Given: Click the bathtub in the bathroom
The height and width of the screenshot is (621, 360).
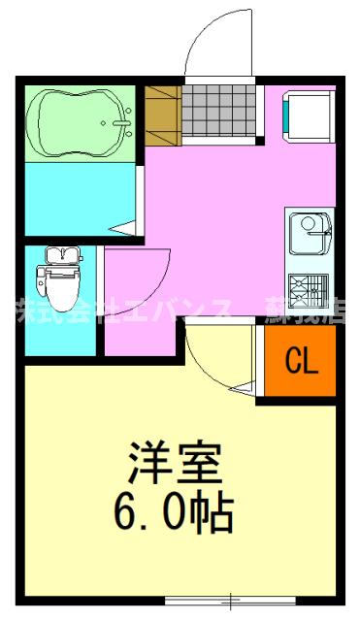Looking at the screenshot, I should [x=78, y=122].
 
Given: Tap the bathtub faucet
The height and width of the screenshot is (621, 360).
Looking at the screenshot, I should [x=122, y=122].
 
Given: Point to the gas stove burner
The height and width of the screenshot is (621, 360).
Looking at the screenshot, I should [x=310, y=287].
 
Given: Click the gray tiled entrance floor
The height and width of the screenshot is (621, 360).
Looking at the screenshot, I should [x=221, y=112].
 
